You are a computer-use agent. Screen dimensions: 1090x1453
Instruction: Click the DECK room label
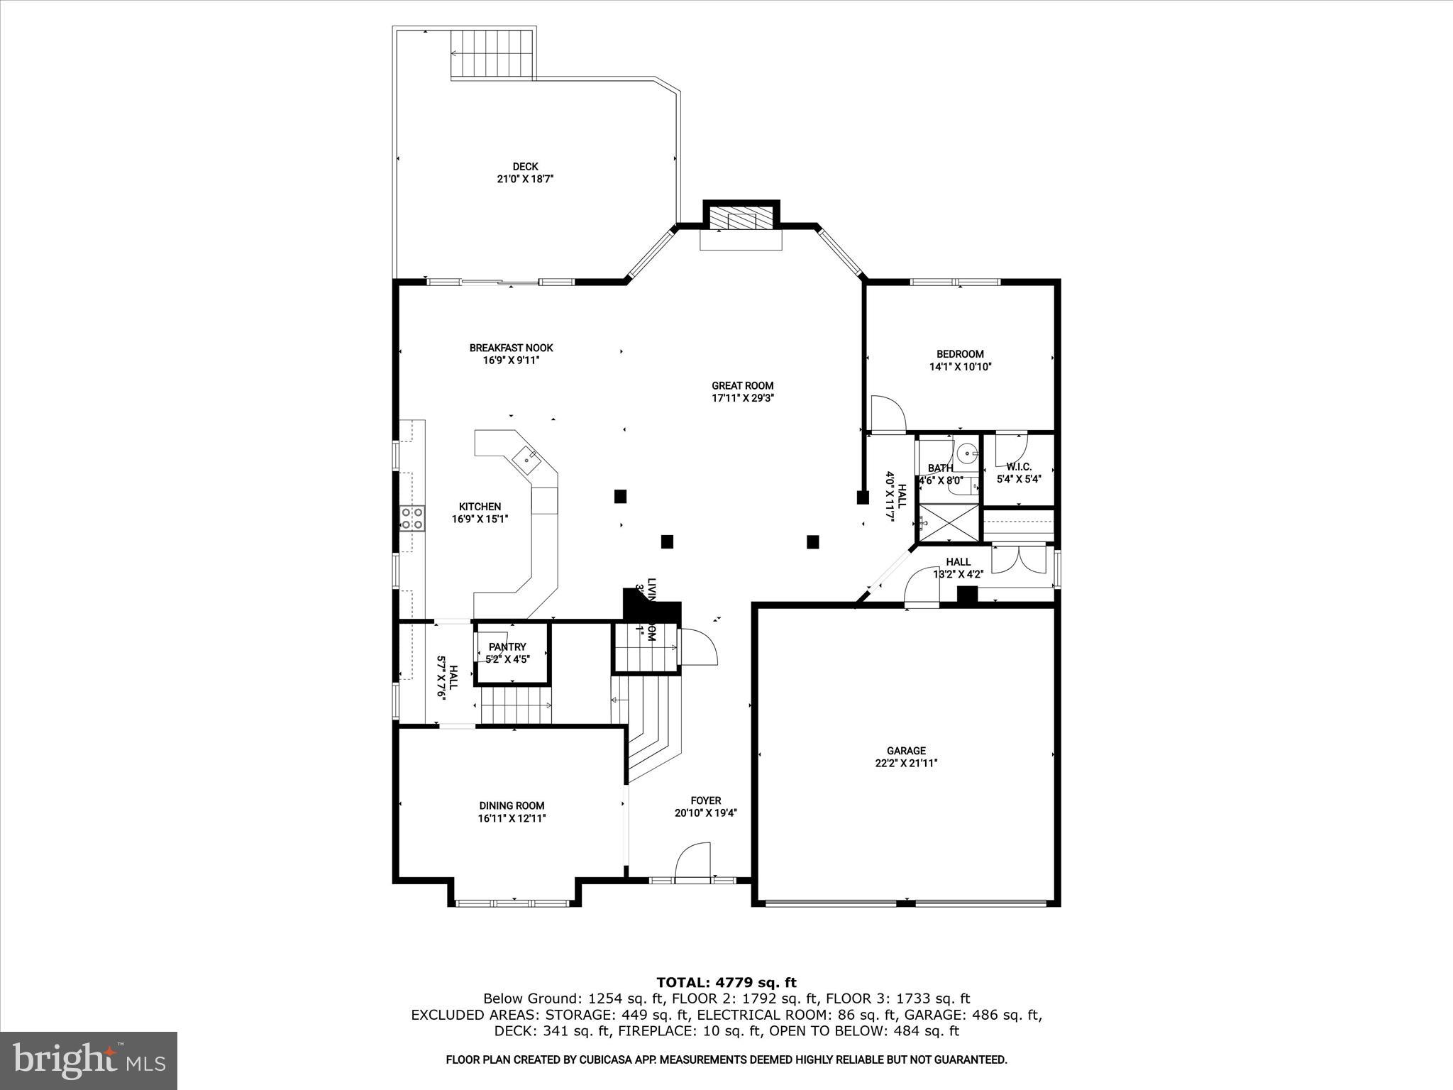(x=525, y=167)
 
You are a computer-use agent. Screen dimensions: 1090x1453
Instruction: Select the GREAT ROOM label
(x=742, y=385)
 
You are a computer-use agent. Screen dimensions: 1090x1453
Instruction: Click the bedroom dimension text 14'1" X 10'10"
(x=960, y=367)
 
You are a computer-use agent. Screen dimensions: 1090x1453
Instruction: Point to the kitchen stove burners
(x=412, y=518)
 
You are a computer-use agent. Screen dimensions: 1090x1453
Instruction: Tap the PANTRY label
(x=507, y=646)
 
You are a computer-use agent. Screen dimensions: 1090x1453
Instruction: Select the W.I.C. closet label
(x=1019, y=467)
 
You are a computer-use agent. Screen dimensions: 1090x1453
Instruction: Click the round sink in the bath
(x=966, y=452)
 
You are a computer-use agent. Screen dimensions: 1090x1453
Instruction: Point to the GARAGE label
(x=906, y=750)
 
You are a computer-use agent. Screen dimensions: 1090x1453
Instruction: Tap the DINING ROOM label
(x=512, y=805)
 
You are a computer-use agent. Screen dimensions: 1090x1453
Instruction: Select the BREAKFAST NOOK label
(x=511, y=348)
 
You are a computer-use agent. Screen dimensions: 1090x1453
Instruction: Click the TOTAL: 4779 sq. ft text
(x=726, y=982)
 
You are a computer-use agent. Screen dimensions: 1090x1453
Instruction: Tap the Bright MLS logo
(x=89, y=1059)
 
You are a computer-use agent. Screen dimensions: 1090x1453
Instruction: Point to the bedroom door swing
(x=887, y=413)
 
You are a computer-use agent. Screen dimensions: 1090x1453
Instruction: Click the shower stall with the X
(x=948, y=524)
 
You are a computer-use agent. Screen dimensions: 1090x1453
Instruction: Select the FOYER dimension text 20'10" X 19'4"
(x=706, y=813)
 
